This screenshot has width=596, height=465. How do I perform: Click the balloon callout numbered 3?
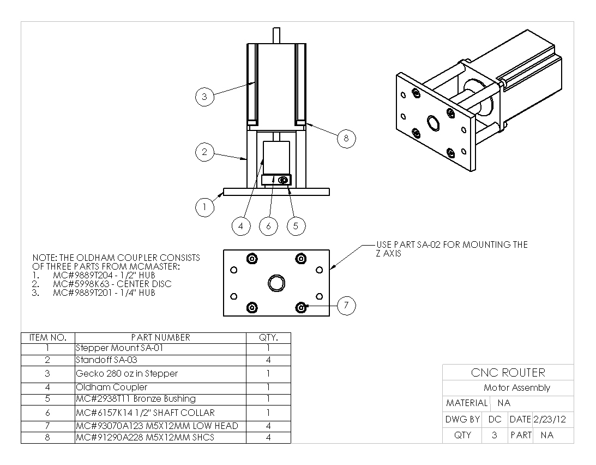(x=204, y=97)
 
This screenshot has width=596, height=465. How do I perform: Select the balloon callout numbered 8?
(x=346, y=139)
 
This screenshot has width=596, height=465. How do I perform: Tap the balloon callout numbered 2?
(x=204, y=152)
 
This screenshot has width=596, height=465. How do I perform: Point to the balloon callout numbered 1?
(x=204, y=207)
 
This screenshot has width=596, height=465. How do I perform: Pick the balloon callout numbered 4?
(x=241, y=226)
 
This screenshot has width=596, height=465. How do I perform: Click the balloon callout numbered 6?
(x=268, y=226)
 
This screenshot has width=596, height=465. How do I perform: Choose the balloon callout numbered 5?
(x=296, y=226)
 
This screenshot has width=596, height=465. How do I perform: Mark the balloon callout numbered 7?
(x=346, y=306)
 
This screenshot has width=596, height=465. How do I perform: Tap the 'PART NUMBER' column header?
(x=160, y=337)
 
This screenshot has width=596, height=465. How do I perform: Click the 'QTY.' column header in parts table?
(x=268, y=337)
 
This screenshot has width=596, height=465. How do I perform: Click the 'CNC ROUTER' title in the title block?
(x=508, y=373)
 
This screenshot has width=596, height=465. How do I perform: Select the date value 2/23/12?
(x=550, y=419)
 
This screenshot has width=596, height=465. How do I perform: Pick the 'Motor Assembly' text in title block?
(x=516, y=388)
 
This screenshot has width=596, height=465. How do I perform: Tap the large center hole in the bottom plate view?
(x=276, y=283)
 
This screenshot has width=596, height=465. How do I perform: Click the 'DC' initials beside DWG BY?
(x=495, y=419)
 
